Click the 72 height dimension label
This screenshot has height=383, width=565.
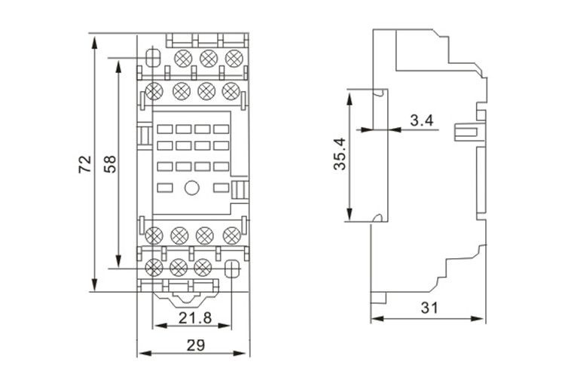coord(85,164)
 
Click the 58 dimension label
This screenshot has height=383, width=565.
coord(110,164)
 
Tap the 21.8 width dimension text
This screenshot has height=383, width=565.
coord(195,318)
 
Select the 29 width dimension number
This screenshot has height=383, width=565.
coord(196,345)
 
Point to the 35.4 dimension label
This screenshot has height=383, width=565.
coord(340,154)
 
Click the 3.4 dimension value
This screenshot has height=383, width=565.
coord(422,120)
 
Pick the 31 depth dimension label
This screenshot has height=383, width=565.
coord(429,308)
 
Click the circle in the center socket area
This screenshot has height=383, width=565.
coord(191,187)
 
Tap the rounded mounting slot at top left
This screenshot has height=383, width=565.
coord(153,58)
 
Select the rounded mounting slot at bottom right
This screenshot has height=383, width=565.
coord(232,269)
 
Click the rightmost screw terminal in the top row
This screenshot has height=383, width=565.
coord(234,58)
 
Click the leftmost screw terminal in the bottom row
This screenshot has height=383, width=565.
coord(154,268)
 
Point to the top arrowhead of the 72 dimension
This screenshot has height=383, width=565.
coord(94,41)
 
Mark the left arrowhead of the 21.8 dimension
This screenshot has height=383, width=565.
coord(160,326)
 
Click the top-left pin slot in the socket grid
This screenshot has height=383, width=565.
coord(165,129)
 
